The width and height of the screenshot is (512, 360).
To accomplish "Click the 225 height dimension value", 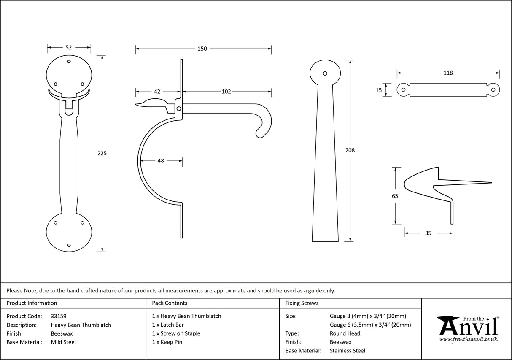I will click(x=102, y=154).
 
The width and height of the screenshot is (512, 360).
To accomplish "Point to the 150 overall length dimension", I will click(x=202, y=49).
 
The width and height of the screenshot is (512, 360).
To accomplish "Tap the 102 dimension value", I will click(x=226, y=92).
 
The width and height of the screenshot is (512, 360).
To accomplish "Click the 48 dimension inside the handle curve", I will click(x=161, y=161).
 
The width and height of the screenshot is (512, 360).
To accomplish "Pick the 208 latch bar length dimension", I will click(x=350, y=150).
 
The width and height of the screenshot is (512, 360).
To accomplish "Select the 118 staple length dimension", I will click(x=448, y=73).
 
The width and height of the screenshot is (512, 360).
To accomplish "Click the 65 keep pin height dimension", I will click(x=395, y=196).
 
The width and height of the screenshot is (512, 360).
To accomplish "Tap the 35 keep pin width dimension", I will click(x=428, y=233).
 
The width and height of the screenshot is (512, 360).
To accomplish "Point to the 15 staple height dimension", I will click(x=378, y=90).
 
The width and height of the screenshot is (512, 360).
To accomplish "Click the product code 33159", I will click(x=59, y=316).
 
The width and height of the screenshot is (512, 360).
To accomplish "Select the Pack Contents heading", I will click(x=170, y=303).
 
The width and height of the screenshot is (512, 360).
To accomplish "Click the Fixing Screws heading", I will click(x=302, y=303).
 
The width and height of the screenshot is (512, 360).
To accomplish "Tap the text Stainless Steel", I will click(x=348, y=351).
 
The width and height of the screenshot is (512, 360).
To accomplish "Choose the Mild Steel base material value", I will click(x=63, y=342).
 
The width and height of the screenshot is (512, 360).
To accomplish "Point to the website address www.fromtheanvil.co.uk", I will click(x=468, y=339).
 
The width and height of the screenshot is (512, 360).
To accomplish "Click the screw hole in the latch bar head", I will click(x=325, y=73).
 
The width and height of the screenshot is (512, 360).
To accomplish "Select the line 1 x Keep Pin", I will click(x=167, y=342).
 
